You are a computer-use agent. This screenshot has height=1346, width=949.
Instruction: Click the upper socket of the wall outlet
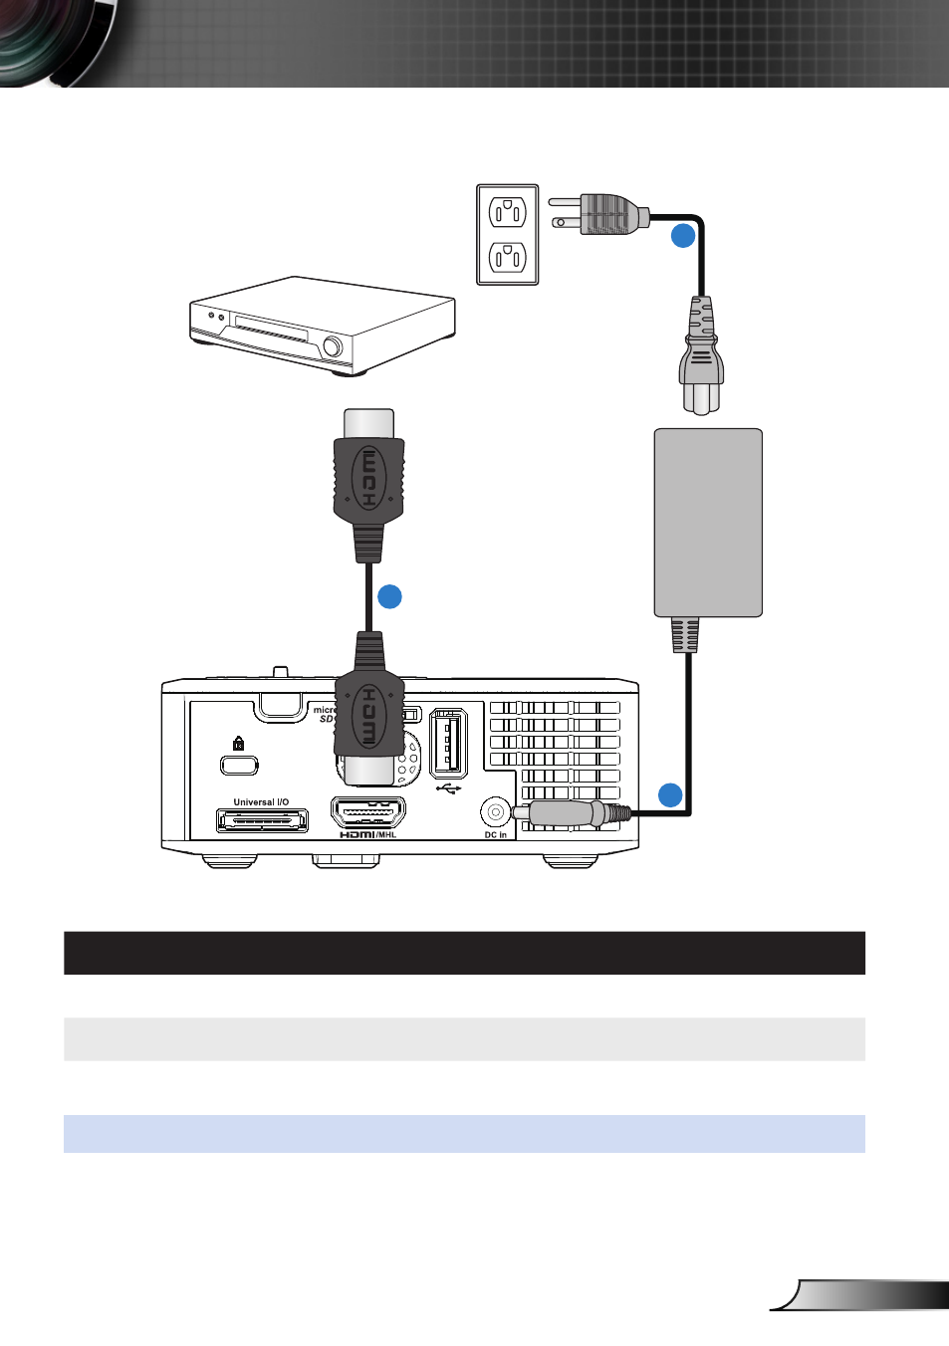[508, 211]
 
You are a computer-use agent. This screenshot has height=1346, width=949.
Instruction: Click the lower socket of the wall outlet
[508, 259]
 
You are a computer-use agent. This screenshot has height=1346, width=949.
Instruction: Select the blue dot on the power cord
[682, 236]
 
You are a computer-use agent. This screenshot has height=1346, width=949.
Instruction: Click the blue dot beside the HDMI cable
[389, 596]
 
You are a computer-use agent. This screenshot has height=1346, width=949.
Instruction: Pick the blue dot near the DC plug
[670, 794]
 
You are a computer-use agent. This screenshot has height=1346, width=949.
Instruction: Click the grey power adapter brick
[708, 523]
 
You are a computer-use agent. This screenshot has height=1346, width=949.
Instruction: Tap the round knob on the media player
[333, 346]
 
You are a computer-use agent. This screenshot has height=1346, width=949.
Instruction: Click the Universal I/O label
[261, 802]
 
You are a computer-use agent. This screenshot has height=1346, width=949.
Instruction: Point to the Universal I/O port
[262, 821]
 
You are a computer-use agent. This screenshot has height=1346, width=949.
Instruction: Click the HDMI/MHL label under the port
[367, 834]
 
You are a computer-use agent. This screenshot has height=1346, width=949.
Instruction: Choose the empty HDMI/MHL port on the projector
[367, 812]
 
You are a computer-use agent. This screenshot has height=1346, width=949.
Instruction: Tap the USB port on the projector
[448, 743]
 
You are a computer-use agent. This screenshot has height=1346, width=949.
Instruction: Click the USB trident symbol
[448, 789]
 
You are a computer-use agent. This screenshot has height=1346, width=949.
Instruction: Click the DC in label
[495, 835]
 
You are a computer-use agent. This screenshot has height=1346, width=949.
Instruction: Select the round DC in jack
[495, 812]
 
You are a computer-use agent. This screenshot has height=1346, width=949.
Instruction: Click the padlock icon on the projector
[238, 743]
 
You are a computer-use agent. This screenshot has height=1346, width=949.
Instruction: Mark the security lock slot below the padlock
[239, 765]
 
